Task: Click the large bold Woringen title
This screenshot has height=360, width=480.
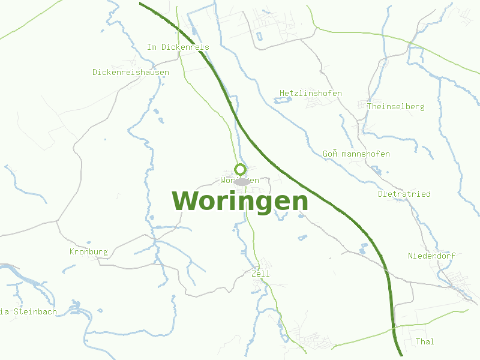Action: [x=240, y=201]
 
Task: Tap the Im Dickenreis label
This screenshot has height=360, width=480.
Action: [x=178, y=47]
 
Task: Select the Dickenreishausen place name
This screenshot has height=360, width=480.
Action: [x=131, y=73]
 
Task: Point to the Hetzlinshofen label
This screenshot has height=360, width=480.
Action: [x=311, y=94]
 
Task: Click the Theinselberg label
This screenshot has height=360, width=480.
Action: [x=395, y=107]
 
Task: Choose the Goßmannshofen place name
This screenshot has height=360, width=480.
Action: [x=356, y=154]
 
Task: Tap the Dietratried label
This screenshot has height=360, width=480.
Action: [x=404, y=194]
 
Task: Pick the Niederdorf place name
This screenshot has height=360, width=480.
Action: [x=431, y=256]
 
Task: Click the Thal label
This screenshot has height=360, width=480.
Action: [x=425, y=342]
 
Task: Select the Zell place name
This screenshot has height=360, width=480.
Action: [x=261, y=274]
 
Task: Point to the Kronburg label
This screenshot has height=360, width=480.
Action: [x=89, y=252]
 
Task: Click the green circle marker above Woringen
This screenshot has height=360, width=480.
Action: [x=241, y=169]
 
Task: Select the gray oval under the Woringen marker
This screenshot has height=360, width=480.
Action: [x=242, y=182]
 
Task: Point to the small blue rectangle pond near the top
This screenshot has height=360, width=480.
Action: [x=259, y=36]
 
